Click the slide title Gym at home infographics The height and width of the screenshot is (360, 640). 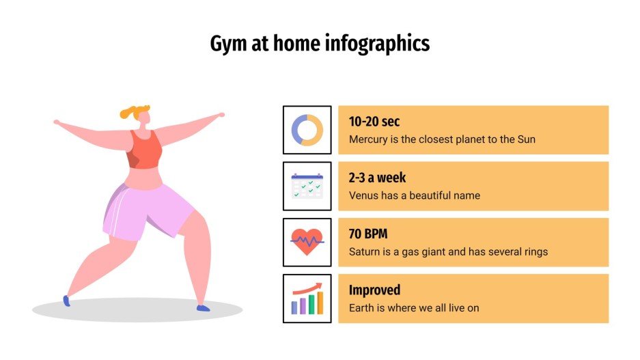click(x=320, y=44)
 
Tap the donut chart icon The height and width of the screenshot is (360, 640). click(x=307, y=130)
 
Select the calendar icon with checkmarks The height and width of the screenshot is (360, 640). click(x=307, y=186)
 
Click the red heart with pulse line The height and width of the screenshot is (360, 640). click(x=307, y=242)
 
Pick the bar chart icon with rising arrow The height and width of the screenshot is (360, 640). click(x=307, y=299)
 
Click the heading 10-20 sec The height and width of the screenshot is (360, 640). click(x=374, y=122)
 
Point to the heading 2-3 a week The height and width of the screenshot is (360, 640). click(x=377, y=178)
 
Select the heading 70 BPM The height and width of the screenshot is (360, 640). click(x=368, y=234)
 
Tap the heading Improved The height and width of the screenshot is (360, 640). click(x=374, y=290)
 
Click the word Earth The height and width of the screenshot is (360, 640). click(x=362, y=308)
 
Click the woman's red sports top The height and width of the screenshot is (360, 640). click(x=144, y=150)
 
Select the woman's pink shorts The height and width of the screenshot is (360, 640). click(x=147, y=208)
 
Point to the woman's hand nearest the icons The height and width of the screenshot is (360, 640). click(x=219, y=115)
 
